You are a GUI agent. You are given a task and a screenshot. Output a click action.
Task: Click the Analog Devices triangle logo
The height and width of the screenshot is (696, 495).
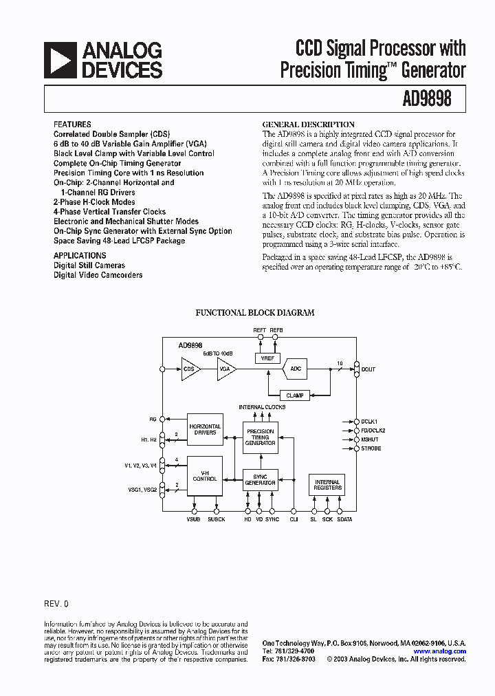pyautogui.click(x=59, y=60)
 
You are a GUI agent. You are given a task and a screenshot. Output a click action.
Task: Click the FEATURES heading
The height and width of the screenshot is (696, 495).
pyautogui.click(x=72, y=124)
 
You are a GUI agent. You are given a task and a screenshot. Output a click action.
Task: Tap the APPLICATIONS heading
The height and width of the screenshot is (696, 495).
pyautogui.click(x=80, y=255)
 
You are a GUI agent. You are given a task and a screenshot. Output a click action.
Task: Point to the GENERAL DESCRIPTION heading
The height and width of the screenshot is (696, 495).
pyautogui.click(x=309, y=124)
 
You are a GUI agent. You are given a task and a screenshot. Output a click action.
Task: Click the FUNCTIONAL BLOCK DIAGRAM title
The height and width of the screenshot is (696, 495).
pyautogui.click(x=255, y=312)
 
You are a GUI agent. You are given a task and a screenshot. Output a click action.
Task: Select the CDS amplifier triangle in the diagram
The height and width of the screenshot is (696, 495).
pyautogui.click(x=190, y=369)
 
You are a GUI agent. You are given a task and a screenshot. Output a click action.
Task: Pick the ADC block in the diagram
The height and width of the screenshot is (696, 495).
pyautogui.click(x=295, y=369)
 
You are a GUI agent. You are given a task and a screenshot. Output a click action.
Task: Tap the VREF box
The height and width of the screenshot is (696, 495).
pyautogui.click(x=267, y=358)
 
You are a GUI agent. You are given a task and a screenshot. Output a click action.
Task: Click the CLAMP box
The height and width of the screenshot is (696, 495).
pyautogui.click(x=295, y=395)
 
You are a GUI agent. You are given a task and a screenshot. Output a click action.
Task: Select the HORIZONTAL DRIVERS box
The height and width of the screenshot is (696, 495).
pyautogui.click(x=205, y=429)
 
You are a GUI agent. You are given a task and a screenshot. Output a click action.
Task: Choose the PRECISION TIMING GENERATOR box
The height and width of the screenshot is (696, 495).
pyautogui.click(x=260, y=437)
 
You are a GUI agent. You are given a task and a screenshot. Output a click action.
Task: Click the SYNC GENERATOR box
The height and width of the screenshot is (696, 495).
pyautogui.click(x=260, y=480)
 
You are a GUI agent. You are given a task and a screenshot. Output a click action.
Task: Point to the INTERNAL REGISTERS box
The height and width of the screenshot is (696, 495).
pyautogui.click(x=327, y=486)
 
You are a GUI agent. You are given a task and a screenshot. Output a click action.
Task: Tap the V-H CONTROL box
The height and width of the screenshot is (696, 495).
pyautogui.click(x=205, y=475)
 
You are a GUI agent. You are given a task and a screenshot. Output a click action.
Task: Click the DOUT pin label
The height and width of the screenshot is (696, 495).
pyautogui.click(x=368, y=369)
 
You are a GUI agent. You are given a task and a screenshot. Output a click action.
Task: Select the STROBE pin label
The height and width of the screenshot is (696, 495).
pyautogui.click(x=371, y=448)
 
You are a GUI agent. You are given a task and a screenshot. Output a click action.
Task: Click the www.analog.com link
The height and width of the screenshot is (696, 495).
pyautogui.click(x=439, y=651)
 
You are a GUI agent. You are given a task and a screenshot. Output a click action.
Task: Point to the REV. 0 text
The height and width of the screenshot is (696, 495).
pyautogui.click(x=56, y=603)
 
